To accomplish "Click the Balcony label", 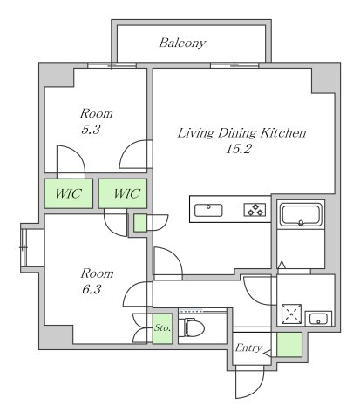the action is (x=182, y=44).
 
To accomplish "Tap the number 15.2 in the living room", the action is (x=238, y=149).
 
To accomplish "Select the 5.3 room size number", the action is (x=91, y=130).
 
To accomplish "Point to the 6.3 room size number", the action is (x=92, y=289).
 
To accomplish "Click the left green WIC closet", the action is (x=69, y=193).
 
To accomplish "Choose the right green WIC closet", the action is (x=123, y=193).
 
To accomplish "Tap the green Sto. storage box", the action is (x=163, y=328).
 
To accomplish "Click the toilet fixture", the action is (x=191, y=327).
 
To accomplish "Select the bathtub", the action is (x=301, y=214).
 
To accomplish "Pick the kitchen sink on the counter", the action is (x=208, y=210).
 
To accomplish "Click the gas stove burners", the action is (x=255, y=210).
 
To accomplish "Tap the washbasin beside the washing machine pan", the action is (x=318, y=319).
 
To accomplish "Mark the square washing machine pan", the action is (x=291, y=314).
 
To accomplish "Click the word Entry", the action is (x=248, y=347).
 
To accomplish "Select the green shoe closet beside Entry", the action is (x=289, y=345).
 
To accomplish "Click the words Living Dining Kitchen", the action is (x=241, y=133).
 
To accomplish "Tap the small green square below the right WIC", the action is (x=140, y=223).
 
